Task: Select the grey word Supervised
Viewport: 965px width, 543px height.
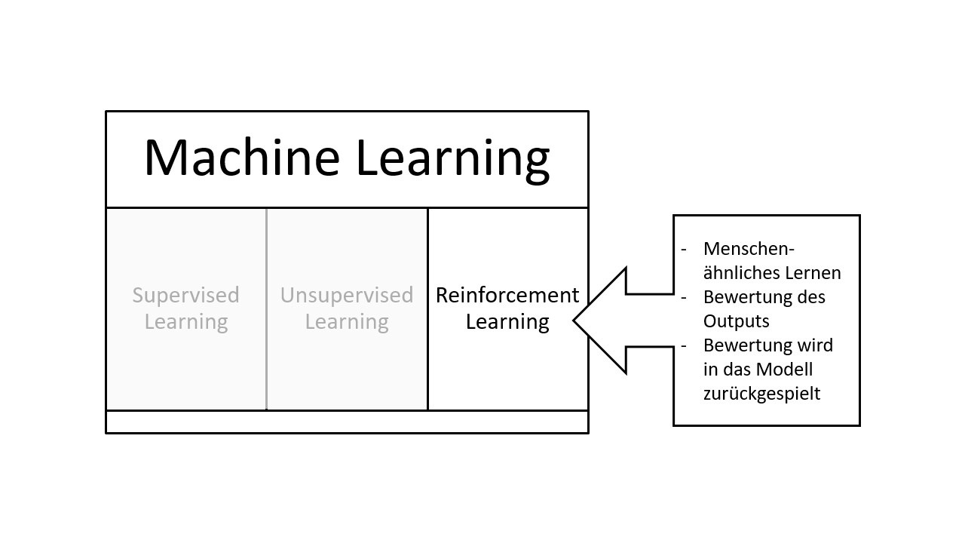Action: coord(186,295)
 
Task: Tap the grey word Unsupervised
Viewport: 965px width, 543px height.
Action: coord(347,295)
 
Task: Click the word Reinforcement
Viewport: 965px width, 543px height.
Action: coord(507,295)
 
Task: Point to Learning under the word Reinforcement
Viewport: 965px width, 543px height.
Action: coord(507,322)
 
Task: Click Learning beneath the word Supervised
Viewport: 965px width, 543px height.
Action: coord(186,322)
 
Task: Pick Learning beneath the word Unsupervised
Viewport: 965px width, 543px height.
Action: coord(347,322)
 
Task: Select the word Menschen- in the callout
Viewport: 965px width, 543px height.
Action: coord(749,249)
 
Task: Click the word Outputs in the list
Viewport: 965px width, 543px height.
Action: coord(736,321)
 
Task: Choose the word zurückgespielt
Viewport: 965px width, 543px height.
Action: coord(761,394)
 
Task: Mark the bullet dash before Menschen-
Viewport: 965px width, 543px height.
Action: coord(684,249)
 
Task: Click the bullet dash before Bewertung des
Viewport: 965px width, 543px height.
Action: coord(684,297)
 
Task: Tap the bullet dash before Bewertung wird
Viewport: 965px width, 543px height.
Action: coord(684,345)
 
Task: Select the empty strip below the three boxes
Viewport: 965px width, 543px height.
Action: coord(347,422)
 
